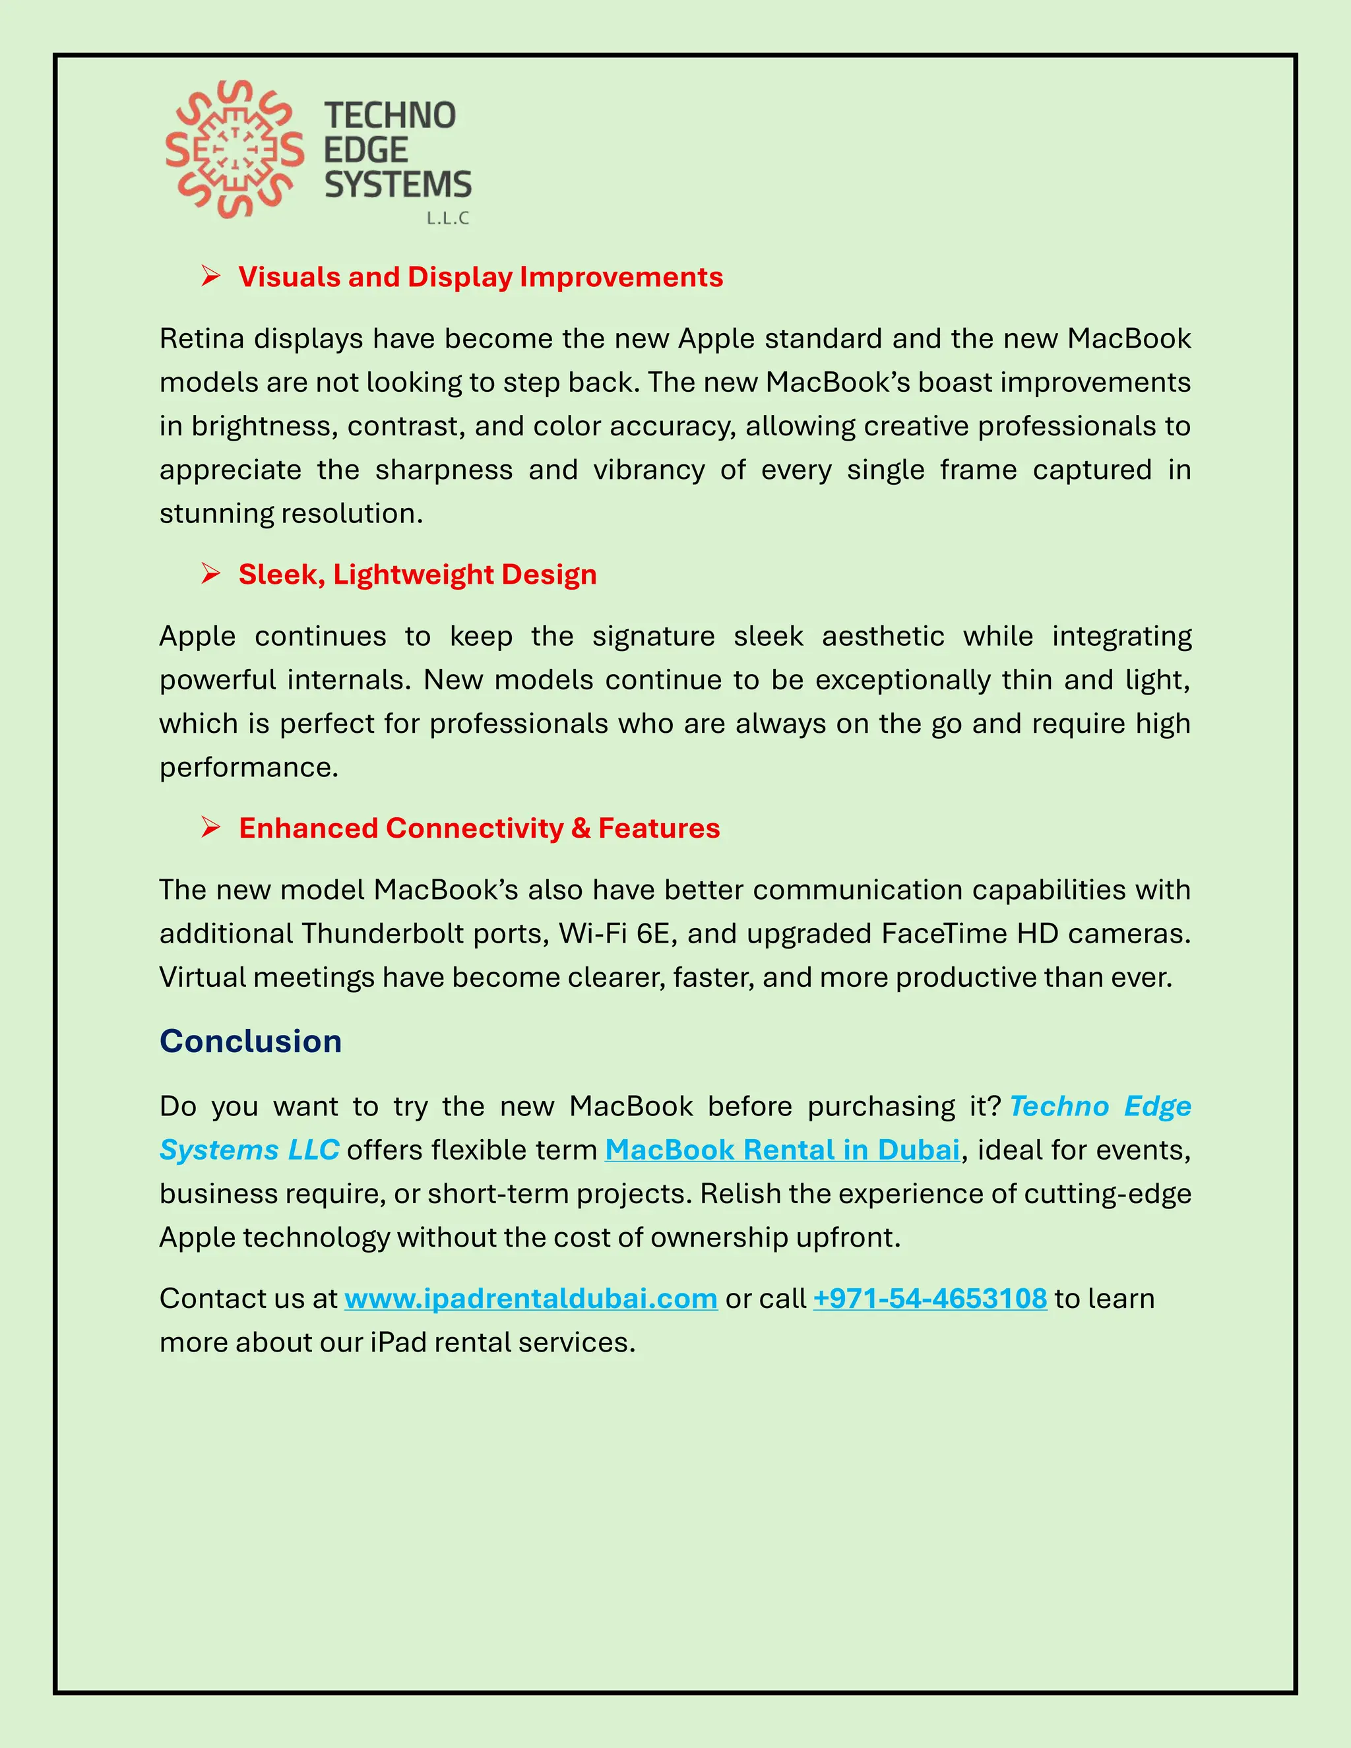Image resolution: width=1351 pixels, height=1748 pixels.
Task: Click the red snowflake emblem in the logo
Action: click(234, 150)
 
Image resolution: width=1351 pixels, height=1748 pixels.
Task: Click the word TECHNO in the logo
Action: click(390, 116)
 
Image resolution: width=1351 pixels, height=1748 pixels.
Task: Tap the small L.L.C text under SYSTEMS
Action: click(447, 218)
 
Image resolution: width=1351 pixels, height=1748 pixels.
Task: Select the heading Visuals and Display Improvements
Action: click(480, 277)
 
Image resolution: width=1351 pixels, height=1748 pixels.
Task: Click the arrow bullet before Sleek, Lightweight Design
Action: click(210, 574)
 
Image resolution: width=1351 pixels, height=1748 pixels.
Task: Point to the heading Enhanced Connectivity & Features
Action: click(479, 828)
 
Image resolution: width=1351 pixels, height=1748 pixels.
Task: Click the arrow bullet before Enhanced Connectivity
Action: click(210, 828)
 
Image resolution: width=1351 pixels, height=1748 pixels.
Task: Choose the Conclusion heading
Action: click(251, 1042)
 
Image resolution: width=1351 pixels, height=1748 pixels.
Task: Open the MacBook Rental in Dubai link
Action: click(782, 1150)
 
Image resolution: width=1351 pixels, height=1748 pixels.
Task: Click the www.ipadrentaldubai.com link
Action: click(530, 1298)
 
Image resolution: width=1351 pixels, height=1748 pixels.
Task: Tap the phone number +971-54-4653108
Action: click(930, 1298)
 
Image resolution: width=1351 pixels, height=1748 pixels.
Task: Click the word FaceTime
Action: click(943, 934)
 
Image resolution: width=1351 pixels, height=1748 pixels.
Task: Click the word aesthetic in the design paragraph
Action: click(883, 637)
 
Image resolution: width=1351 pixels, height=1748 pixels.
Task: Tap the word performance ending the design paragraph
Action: click(248, 768)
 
